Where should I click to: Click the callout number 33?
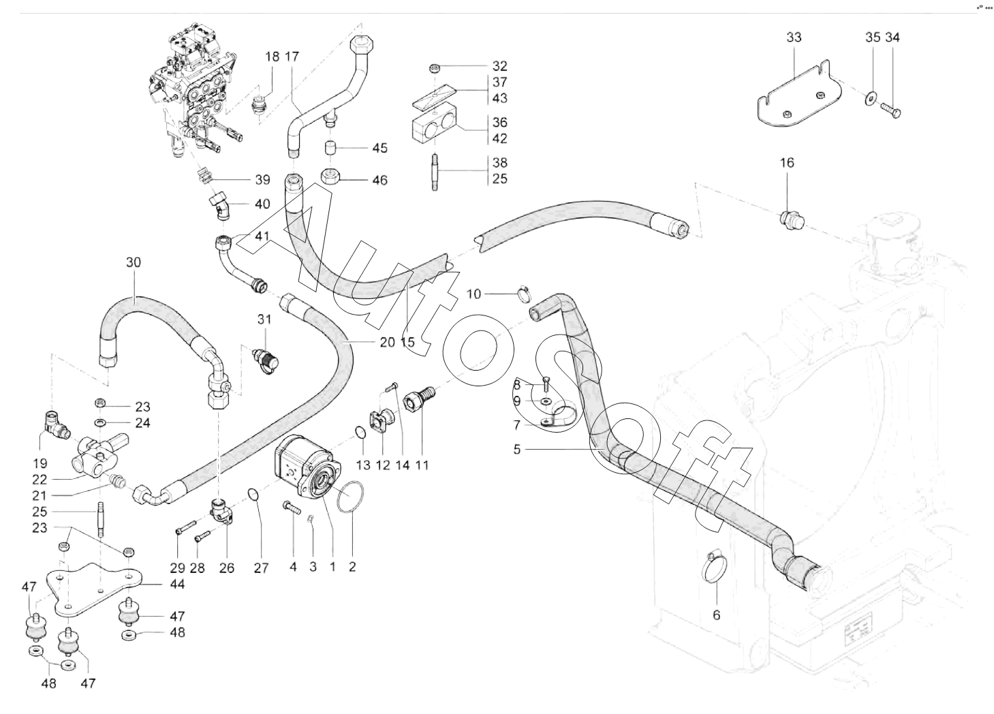[x=794, y=37]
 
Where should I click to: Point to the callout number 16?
[x=787, y=163]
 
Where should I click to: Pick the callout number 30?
[x=133, y=262]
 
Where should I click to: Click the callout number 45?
[x=380, y=148]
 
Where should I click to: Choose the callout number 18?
[x=273, y=57]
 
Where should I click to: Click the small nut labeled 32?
[x=435, y=68]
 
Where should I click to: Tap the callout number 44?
[x=177, y=585]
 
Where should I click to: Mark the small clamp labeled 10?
[x=525, y=294]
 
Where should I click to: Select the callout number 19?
[x=40, y=463]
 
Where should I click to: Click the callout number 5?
[x=517, y=449]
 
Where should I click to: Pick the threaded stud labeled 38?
[x=435, y=171]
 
